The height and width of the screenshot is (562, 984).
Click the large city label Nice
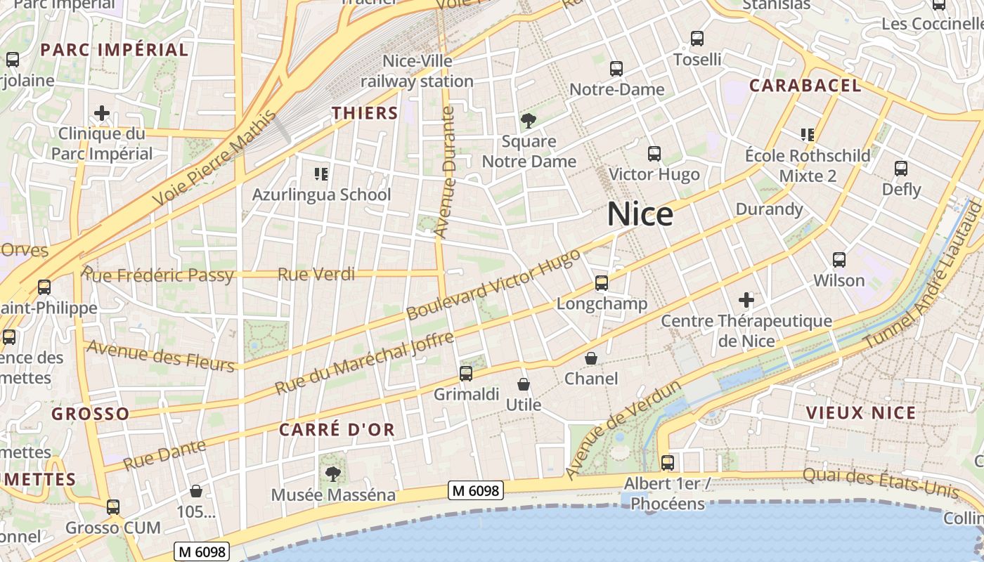(x=640, y=214)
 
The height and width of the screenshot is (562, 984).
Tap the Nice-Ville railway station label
(x=417, y=71)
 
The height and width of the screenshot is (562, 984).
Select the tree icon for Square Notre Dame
(x=528, y=121)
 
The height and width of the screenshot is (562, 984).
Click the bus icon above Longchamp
(x=602, y=283)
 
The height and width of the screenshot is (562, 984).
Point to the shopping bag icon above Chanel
(x=592, y=358)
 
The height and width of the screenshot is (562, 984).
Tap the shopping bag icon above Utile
(x=524, y=384)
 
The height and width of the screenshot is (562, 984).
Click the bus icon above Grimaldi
(x=466, y=374)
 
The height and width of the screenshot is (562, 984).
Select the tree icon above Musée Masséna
(x=332, y=474)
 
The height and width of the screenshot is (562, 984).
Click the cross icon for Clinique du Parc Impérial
(x=102, y=113)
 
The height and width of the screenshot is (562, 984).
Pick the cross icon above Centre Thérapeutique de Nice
(x=746, y=301)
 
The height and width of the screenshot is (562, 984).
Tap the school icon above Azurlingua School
(x=321, y=174)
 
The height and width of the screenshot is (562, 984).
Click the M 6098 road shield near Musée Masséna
(x=477, y=490)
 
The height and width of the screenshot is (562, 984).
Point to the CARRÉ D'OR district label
(x=337, y=429)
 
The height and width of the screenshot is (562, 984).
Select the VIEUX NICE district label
(x=861, y=412)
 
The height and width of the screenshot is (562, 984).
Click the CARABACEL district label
(x=805, y=86)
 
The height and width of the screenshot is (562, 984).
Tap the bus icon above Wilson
(x=839, y=260)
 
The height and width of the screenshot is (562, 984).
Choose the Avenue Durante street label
(x=445, y=172)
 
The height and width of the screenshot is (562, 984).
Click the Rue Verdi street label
(x=316, y=274)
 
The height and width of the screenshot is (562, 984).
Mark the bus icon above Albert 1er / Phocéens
(x=668, y=463)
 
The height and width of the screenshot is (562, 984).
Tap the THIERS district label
(x=365, y=112)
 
